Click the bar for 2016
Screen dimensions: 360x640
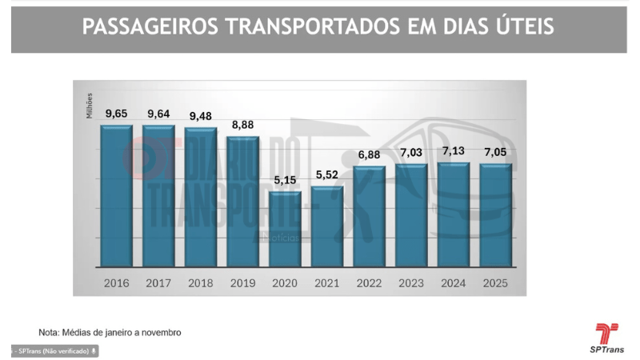click(117, 196)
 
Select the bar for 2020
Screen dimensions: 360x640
click(285, 229)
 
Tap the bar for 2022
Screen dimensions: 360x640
click(370, 216)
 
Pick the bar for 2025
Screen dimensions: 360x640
click(496, 214)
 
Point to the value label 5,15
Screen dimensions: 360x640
click(285, 180)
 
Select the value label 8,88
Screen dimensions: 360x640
click(243, 125)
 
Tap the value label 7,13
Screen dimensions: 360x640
click(454, 151)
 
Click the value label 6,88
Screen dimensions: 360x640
click(370, 154)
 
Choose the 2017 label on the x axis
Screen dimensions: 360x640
click(158, 282)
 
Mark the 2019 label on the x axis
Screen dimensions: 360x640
click(243, 282)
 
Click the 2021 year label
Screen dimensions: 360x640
click(327, 282)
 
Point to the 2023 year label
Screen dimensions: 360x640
click(411, 282)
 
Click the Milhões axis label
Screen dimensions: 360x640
click(90, 105)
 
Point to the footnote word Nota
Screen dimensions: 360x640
click(49, 332)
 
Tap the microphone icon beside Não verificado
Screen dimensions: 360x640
click(94, 351)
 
